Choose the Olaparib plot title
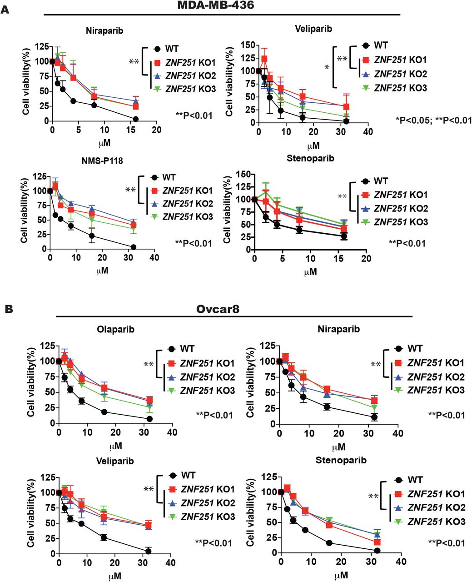[115, 330]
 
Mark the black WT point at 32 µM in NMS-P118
[134, 247]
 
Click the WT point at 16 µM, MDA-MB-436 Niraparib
[136, 119]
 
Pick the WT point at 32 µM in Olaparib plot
[149, 419]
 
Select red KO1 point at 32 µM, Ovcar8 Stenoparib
[377, 542]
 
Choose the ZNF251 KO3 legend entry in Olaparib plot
[208, 390]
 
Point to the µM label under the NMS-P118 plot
[102, 271]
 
